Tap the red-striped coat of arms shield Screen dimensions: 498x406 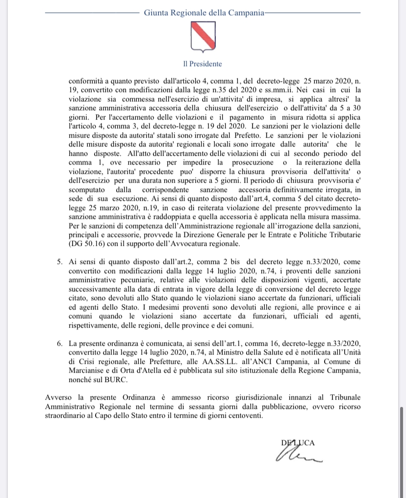[203, 38]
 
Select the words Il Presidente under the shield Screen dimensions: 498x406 [203, 64]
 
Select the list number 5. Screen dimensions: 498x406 [59, 262]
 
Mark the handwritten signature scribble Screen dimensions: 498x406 [299, 455]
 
